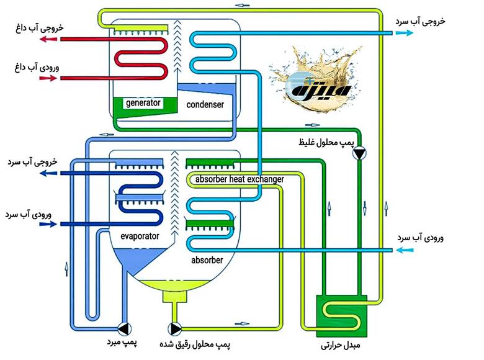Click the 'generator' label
click(143, 102)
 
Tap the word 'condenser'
click(205, 105)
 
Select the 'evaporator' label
click(140, 236)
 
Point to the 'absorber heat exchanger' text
click(240, 179)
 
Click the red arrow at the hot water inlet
click(49, 78)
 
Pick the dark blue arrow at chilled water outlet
click(49, 174)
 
